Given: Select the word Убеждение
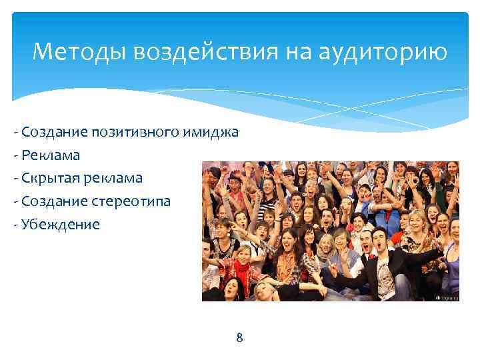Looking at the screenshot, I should [x=61, y=224].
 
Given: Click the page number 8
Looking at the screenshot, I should [x=240, y=338].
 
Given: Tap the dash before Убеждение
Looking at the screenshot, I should [x=15, y=224].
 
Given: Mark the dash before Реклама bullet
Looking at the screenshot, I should [x=15, y=155].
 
